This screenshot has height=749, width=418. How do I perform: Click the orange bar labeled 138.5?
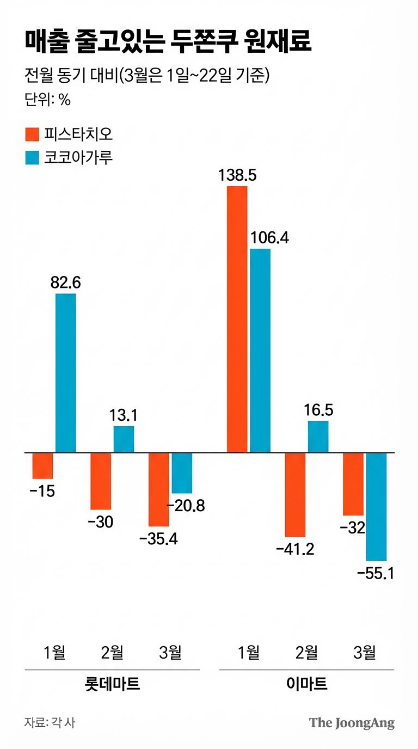pos(237,319)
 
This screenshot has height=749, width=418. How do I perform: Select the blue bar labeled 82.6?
pos(66,373)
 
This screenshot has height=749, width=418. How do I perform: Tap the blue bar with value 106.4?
pos(260,351)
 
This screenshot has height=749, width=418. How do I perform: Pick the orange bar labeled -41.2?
pos(295,494)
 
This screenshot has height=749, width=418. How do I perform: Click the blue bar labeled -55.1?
pos(376,506)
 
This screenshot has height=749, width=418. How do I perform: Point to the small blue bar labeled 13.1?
pos(124,439)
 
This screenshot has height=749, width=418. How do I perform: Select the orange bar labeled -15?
pos(42,465)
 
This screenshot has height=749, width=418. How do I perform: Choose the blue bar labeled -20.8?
pos(182,472)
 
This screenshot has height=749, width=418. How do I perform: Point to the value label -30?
pos(100,522)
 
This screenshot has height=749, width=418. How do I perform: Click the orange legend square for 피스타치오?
pos(32,134)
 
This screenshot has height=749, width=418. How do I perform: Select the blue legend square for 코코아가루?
pos(32,158)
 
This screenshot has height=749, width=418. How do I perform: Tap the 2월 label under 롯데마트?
pos(113,652)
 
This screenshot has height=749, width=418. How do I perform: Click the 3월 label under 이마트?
pos(364,652)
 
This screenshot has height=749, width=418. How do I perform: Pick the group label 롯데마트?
pos(113,684)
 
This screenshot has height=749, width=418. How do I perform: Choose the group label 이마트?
pos(307,684)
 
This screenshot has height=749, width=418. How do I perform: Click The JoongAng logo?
pos(352,723)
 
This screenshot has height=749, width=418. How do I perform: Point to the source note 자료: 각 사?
pos(50,723)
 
